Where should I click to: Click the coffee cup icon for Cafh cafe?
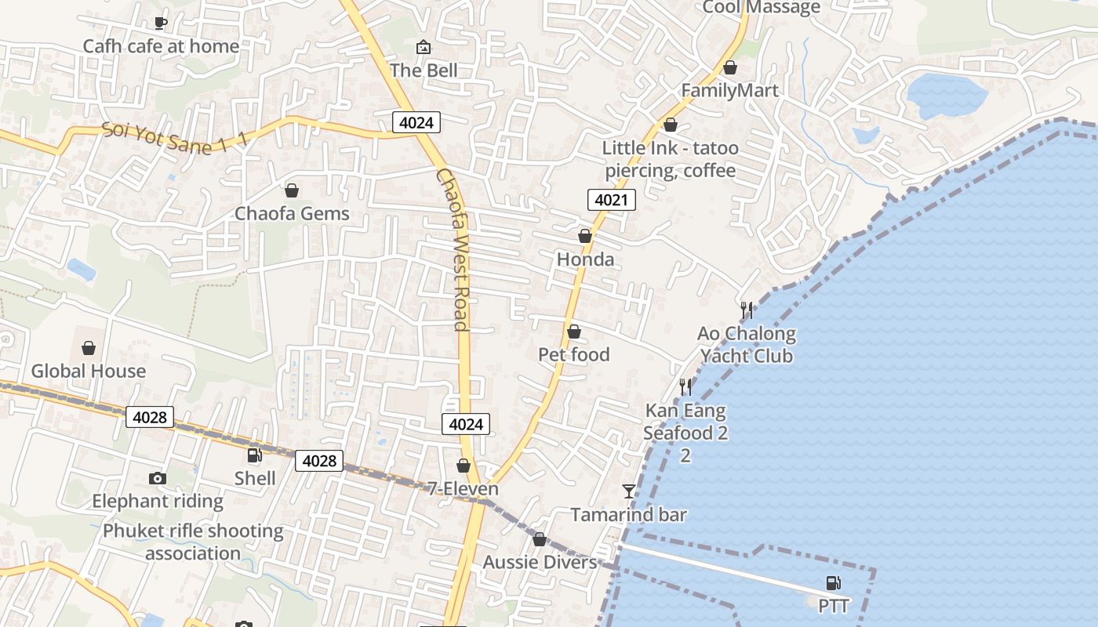pyautogui.click(x=160, y=23)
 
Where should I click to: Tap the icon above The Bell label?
pyautogui.click(x=424, y=47)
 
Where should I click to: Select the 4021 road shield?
pyautogui.click(x=611, y=200)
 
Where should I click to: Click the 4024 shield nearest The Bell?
pyautogui.click(x=416, y=121)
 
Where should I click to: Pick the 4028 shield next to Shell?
pyautogui.click(x=319, y=461)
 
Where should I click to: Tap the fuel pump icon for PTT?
pyautogui.click(x=833, y=583)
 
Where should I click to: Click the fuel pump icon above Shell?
pyautogui.click(x=254, y=455)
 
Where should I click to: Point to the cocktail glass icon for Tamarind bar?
pyautogui.click(x=628, y=491)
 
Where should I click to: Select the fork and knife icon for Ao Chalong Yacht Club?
pyautogui.click(x=747, y=310)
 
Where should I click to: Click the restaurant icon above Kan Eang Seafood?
pyautogui.click(x=685, y=387)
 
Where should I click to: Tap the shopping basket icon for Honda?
pyautogui.click(x=584, y=236)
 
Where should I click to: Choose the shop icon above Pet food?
pyautogui.click(x=574, y=332)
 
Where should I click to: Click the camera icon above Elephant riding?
pyautogui.click(x=157, y=478)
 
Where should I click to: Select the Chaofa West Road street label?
pyautogui.click(x=453, y=249)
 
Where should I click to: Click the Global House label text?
pyautogui.click(x=89, y=371)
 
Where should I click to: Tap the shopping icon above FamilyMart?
pyautogui.click(x=730, y=67)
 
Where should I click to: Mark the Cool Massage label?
pyautogui.click(x=761, y=8)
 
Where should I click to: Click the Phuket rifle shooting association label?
pyautogui.click(x=193, y=542)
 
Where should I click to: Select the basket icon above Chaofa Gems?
pyautogui.click(x=292, y=190)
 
